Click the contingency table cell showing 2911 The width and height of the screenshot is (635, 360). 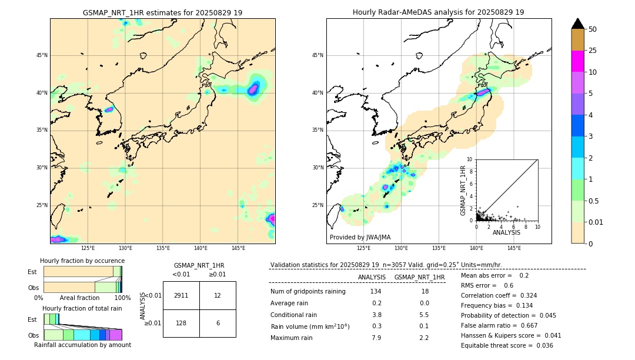point(181,295)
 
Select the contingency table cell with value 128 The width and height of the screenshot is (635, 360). point(181,323)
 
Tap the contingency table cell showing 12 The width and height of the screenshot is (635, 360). point(218,295)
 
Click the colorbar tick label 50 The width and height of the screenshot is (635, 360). point(593,29)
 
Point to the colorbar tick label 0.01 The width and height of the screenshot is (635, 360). point(596,222)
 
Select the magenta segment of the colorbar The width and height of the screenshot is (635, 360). point(577,61)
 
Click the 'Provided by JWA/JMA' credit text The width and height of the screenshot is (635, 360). point(360,238)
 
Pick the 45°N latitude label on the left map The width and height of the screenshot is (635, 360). point(42,55)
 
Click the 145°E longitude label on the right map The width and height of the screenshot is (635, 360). point(514,248)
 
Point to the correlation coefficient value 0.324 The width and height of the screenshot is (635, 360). point(525,295)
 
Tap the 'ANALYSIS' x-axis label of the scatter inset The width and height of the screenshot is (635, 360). point(506,232)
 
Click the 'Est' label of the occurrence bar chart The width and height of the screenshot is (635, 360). point(32,272)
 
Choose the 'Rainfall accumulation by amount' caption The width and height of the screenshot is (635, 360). point(82,345)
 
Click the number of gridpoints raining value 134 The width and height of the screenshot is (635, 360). point(376,292)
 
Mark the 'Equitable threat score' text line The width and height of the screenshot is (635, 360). point(507,345)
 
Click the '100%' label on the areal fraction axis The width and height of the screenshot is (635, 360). point(122,298)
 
